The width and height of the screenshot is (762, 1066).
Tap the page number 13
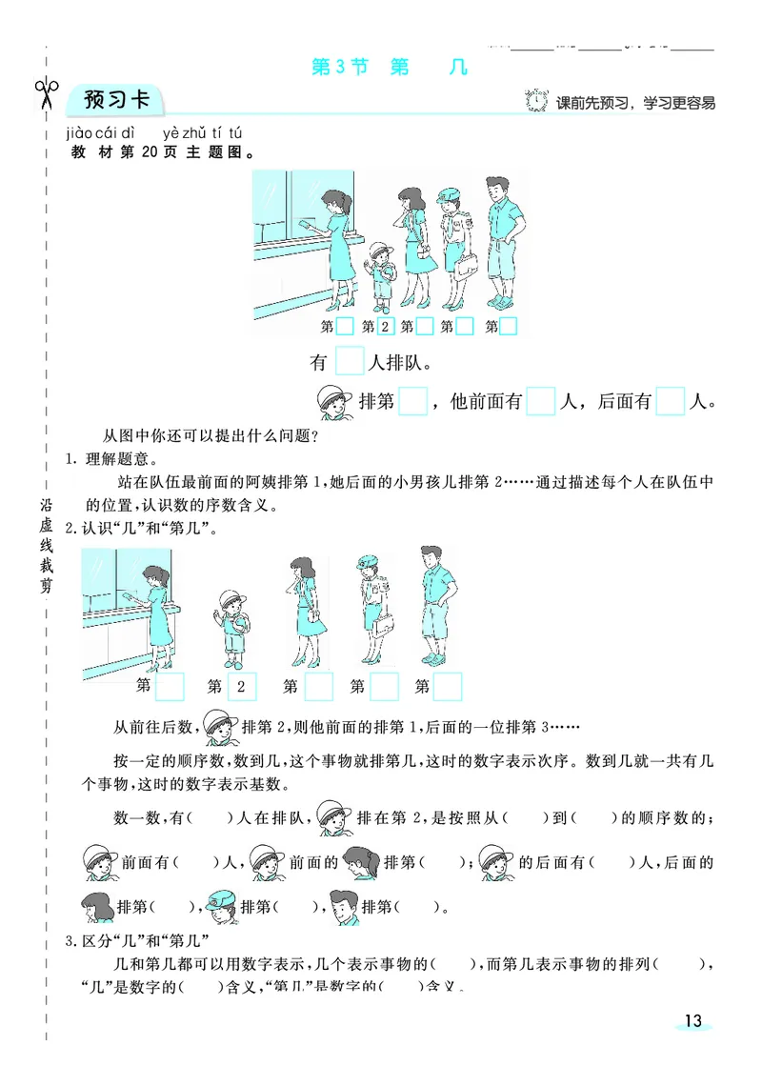(692, 1021)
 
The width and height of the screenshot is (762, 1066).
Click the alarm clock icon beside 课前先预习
(538, 100)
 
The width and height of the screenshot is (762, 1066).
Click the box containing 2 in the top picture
(385, 328)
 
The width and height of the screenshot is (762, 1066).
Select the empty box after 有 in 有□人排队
(351, 363)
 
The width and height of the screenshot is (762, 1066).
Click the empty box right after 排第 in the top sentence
(412, 401)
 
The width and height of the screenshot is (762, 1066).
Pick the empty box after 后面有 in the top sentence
(671, 401)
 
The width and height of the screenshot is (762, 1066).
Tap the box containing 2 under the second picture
(242, 686)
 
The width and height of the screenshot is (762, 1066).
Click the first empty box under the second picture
(170, 686)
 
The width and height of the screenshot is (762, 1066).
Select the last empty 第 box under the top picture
(509, 328)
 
